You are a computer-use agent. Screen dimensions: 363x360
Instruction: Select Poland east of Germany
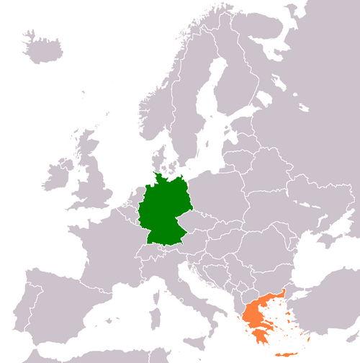tap(220, 194)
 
